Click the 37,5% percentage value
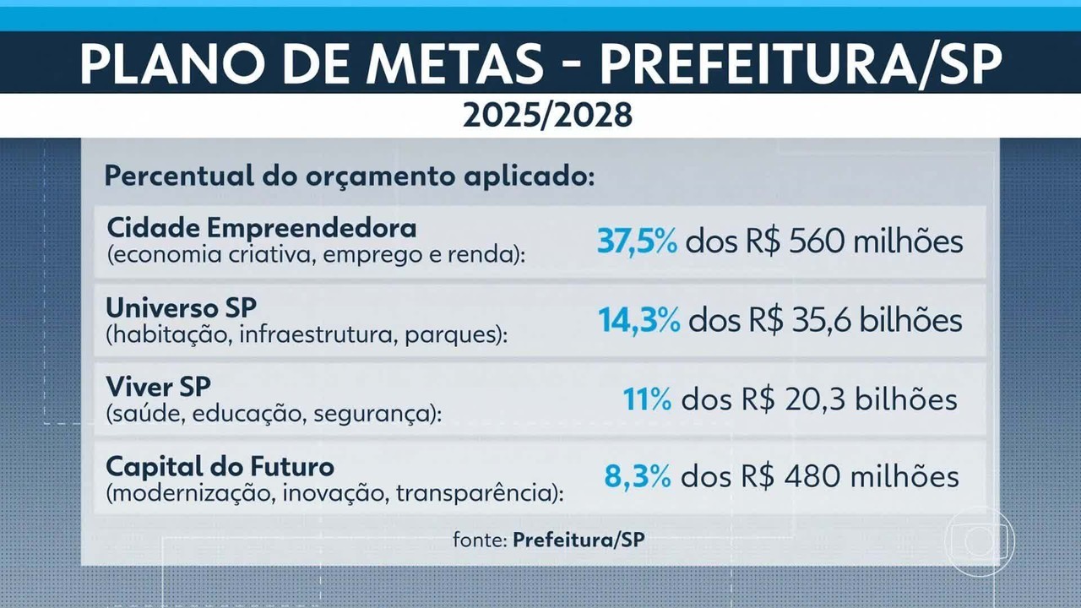pos(637,242)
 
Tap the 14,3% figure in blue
pos(638,321)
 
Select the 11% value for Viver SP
pos(647,399)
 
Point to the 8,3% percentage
pos(638,476)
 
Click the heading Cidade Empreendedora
pos(262,228)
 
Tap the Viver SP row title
pos(159,386)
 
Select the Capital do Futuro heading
pos(220,465)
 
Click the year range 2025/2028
pos(547,116)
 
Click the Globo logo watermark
pos(980,540)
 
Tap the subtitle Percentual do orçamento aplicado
pos(350,177)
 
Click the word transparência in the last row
pos(480,494)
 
